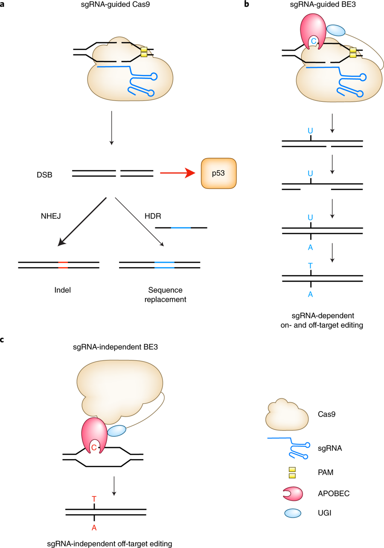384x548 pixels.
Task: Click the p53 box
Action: coord(218,173)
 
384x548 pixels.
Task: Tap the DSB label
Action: coord(45,174)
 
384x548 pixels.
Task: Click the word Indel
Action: coord(62,290)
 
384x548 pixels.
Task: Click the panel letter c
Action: coord(3,340)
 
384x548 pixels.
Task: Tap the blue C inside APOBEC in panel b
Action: coord(314,41)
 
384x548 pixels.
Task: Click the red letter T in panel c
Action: coord(94,499)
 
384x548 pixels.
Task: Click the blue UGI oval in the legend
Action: coord(292,512)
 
